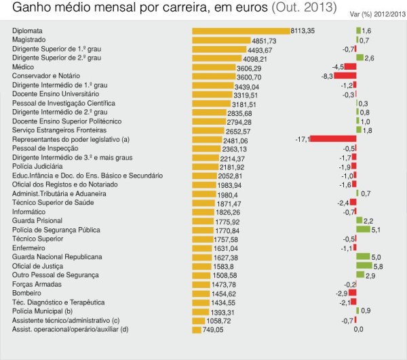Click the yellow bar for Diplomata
241,31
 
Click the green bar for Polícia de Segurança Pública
363,229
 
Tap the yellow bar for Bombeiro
202,293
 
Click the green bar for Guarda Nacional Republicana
363,257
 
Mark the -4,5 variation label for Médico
337,67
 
